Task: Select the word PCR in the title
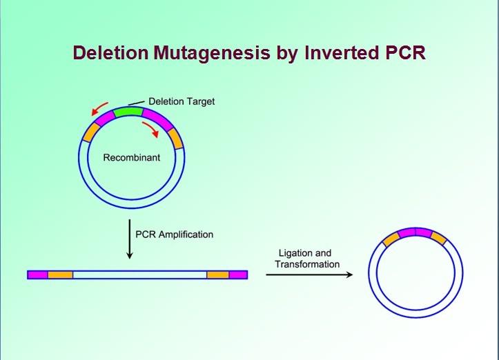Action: click(400, 53)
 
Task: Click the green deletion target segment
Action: click(128, 110)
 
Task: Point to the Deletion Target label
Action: click(182, 101)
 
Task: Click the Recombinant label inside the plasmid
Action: click(132, 158)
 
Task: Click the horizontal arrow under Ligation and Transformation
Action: click(309, 274)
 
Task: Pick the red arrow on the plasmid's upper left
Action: click(100, 108)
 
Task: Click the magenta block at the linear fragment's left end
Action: click(38, 274)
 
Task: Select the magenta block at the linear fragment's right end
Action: click(238, 274)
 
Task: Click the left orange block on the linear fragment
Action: click(60, 274)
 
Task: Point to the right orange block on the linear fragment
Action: click(218, 274)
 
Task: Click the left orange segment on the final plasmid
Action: click(390, 239)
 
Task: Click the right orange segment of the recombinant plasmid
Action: click(176, 139)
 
